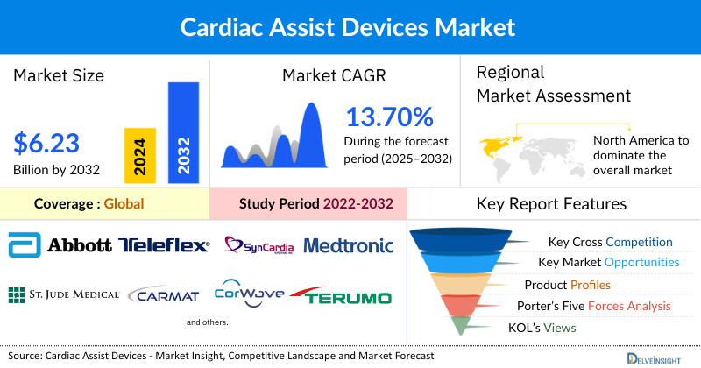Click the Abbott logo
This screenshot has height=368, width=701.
click(59, 246)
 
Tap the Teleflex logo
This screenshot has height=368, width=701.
click(164, 246)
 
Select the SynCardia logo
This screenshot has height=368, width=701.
click(258, 245)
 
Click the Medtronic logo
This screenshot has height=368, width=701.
click(349, 246)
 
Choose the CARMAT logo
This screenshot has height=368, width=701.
click(166, 295)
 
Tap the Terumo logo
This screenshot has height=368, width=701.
click(341, 296)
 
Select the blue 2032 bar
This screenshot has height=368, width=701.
click(183, 132)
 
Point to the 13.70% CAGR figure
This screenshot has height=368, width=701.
click(390, 117)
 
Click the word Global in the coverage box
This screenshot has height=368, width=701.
click(124, 204)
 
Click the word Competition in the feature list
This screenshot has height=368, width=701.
click(639, 242)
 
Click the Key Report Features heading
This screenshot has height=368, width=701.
click(551, 204)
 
